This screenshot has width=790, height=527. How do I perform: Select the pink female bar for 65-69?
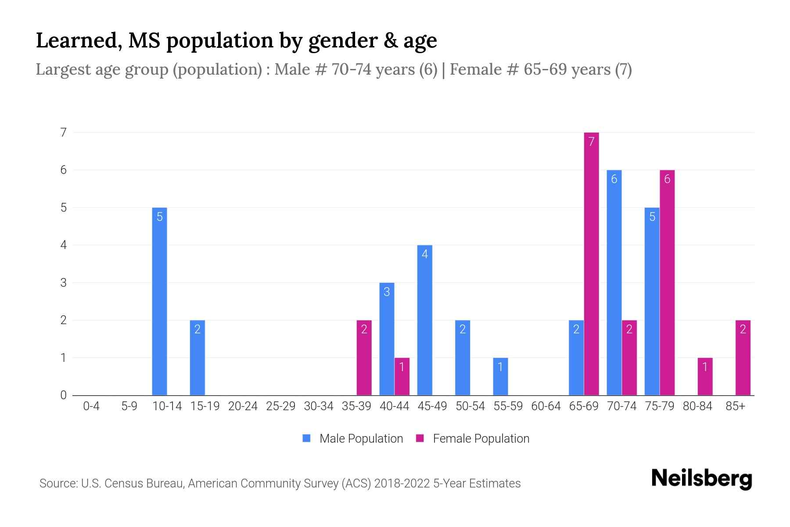point(591,263)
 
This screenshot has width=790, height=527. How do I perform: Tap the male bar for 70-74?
point(614,282)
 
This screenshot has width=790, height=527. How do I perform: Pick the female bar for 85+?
point(743,357)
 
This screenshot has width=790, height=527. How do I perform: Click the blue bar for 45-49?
point(424,320)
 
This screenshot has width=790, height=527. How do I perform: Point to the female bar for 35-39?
point(364,357)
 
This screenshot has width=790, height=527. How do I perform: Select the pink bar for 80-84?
point(705,376)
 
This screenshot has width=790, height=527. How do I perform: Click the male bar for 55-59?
point(500,376)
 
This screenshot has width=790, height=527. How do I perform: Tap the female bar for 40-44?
point(402,376)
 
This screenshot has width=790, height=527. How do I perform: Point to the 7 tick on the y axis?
point(64,132)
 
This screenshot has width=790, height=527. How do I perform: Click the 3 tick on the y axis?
point(64,282)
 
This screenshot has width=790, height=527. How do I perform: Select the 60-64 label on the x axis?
point(546,406)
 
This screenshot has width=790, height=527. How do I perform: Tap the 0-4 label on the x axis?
point(91,406)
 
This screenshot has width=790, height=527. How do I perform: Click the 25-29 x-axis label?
point(280,406)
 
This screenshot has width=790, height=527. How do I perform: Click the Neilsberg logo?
point(701,478)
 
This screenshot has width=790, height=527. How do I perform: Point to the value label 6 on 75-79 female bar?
point(667,179)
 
